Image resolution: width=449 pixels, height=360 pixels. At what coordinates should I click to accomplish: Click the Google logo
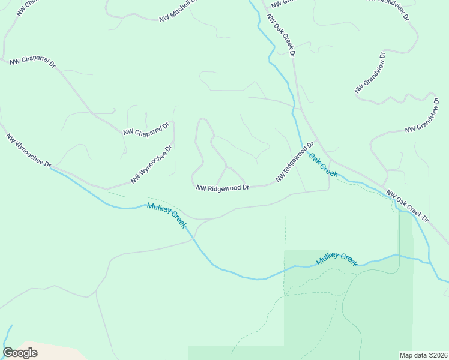[x=20, y=353]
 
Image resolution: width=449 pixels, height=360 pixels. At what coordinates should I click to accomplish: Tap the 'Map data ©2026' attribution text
[x=423, y=355]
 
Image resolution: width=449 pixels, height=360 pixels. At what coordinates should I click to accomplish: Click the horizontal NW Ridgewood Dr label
[x=222, y=188]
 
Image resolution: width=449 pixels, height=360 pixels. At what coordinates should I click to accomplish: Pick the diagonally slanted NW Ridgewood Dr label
[x=295, y=161]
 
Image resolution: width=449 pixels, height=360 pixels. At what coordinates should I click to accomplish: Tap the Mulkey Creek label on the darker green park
[x=337, y=259]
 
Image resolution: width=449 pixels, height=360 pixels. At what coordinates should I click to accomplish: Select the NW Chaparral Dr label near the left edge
[x=32, y=63]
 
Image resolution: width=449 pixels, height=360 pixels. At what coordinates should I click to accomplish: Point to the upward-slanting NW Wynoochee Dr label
[x=152, y=164]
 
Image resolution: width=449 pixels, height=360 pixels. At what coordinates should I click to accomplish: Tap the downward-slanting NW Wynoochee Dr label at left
[x=29, y=151]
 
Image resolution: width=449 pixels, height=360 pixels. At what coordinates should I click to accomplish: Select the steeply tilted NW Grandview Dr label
[x=370, y=73]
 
